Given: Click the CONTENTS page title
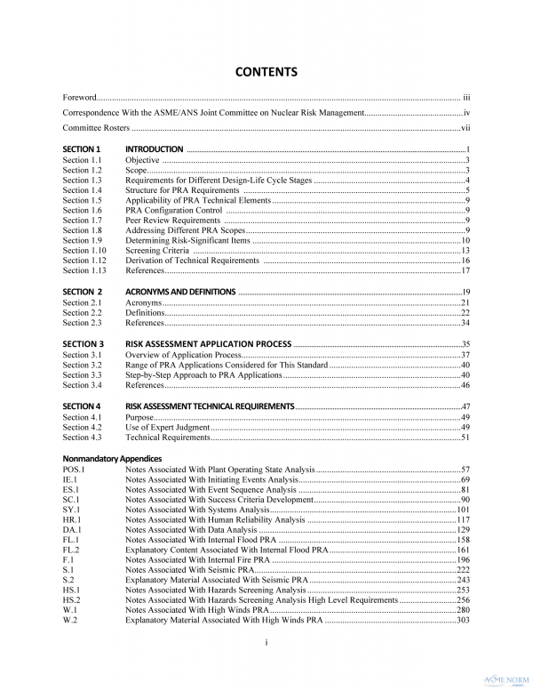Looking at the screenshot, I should click(x=266, y=71).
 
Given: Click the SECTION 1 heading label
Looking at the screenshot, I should click(x=82, y=149).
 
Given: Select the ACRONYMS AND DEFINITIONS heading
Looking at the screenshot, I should click(x=180, y=292).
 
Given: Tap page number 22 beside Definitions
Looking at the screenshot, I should click(x=465, y=313).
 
